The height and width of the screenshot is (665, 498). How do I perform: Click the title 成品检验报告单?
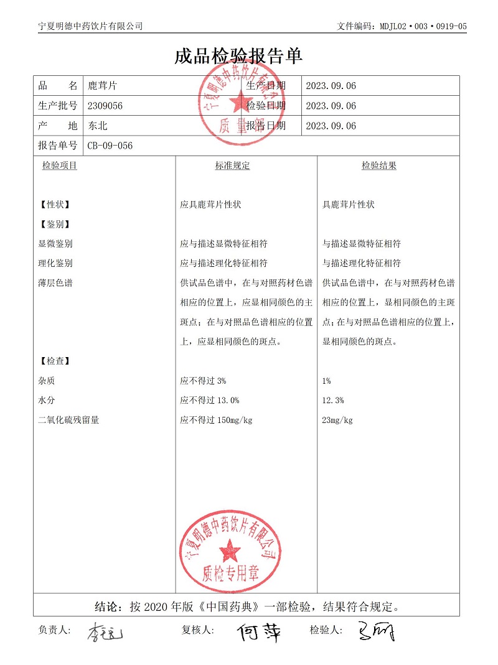pos(238,57)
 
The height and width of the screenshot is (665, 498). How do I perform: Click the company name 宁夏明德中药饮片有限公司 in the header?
pos(90,26)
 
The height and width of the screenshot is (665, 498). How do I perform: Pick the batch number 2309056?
pos(106,106)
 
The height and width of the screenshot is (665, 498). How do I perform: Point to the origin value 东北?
pos(98,126)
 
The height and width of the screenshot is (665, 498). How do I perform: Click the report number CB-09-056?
pos(110,146)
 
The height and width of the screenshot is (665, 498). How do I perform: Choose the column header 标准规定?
pos(232,165)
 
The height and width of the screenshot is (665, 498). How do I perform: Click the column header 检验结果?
pos(379,165)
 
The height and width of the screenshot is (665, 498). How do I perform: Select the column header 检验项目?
pos(60,165)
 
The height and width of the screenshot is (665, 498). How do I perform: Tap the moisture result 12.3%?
pos(333,400)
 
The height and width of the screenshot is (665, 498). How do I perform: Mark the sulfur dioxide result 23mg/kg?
pos(337,420)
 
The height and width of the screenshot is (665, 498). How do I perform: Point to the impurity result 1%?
pos(327,380)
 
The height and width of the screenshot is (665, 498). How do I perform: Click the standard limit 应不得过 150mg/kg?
pos(216,420)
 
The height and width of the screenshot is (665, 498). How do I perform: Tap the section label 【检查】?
pos(54,361)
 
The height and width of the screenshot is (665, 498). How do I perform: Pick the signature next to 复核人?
pos(258,633)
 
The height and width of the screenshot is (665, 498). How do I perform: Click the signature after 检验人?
pos(376,632)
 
